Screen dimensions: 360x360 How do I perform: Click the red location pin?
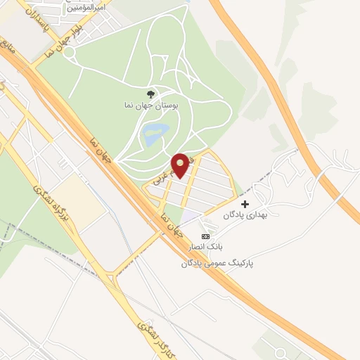(181, 165)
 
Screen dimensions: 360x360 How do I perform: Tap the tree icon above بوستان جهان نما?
(150, 94)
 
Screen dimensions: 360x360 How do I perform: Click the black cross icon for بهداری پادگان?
(245, 204)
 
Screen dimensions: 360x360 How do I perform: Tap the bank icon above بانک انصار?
(205, 237)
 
